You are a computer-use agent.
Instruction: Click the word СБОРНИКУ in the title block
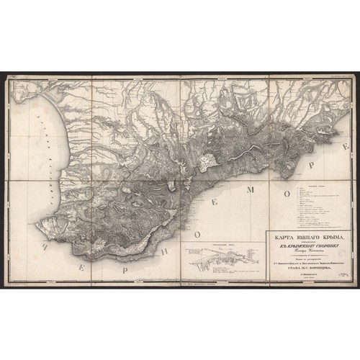(x=315, y=244)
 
